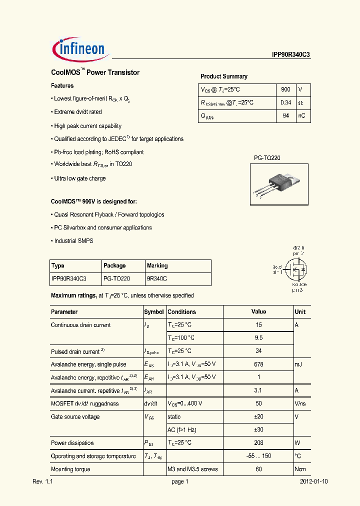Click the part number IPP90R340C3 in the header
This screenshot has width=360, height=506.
click(x=287, y=55)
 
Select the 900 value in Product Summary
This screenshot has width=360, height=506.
click(x=285, y=89)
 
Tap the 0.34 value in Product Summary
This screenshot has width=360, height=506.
click(x=285, y=102)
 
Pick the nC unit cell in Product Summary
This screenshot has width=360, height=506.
click(x=302, y=116)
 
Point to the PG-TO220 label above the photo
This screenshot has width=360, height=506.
click(x=267, y=158)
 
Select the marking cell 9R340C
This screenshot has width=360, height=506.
click(x=157, y=278)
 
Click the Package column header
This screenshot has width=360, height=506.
click(x=114, y=265)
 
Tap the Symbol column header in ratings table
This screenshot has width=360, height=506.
click(x=154, y=312)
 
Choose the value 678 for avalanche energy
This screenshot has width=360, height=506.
click(x=258, y=364)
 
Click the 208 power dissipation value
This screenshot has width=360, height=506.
click(x=258, y=443)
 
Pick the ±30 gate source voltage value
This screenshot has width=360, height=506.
click(x=258, y=430)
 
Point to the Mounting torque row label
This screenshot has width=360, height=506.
click(x=70, y=469)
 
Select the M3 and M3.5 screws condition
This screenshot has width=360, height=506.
click(x=192, y=469)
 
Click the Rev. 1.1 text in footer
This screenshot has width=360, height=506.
click(x=42, y=482)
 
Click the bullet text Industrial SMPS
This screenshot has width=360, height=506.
click(x=73, y=241)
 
